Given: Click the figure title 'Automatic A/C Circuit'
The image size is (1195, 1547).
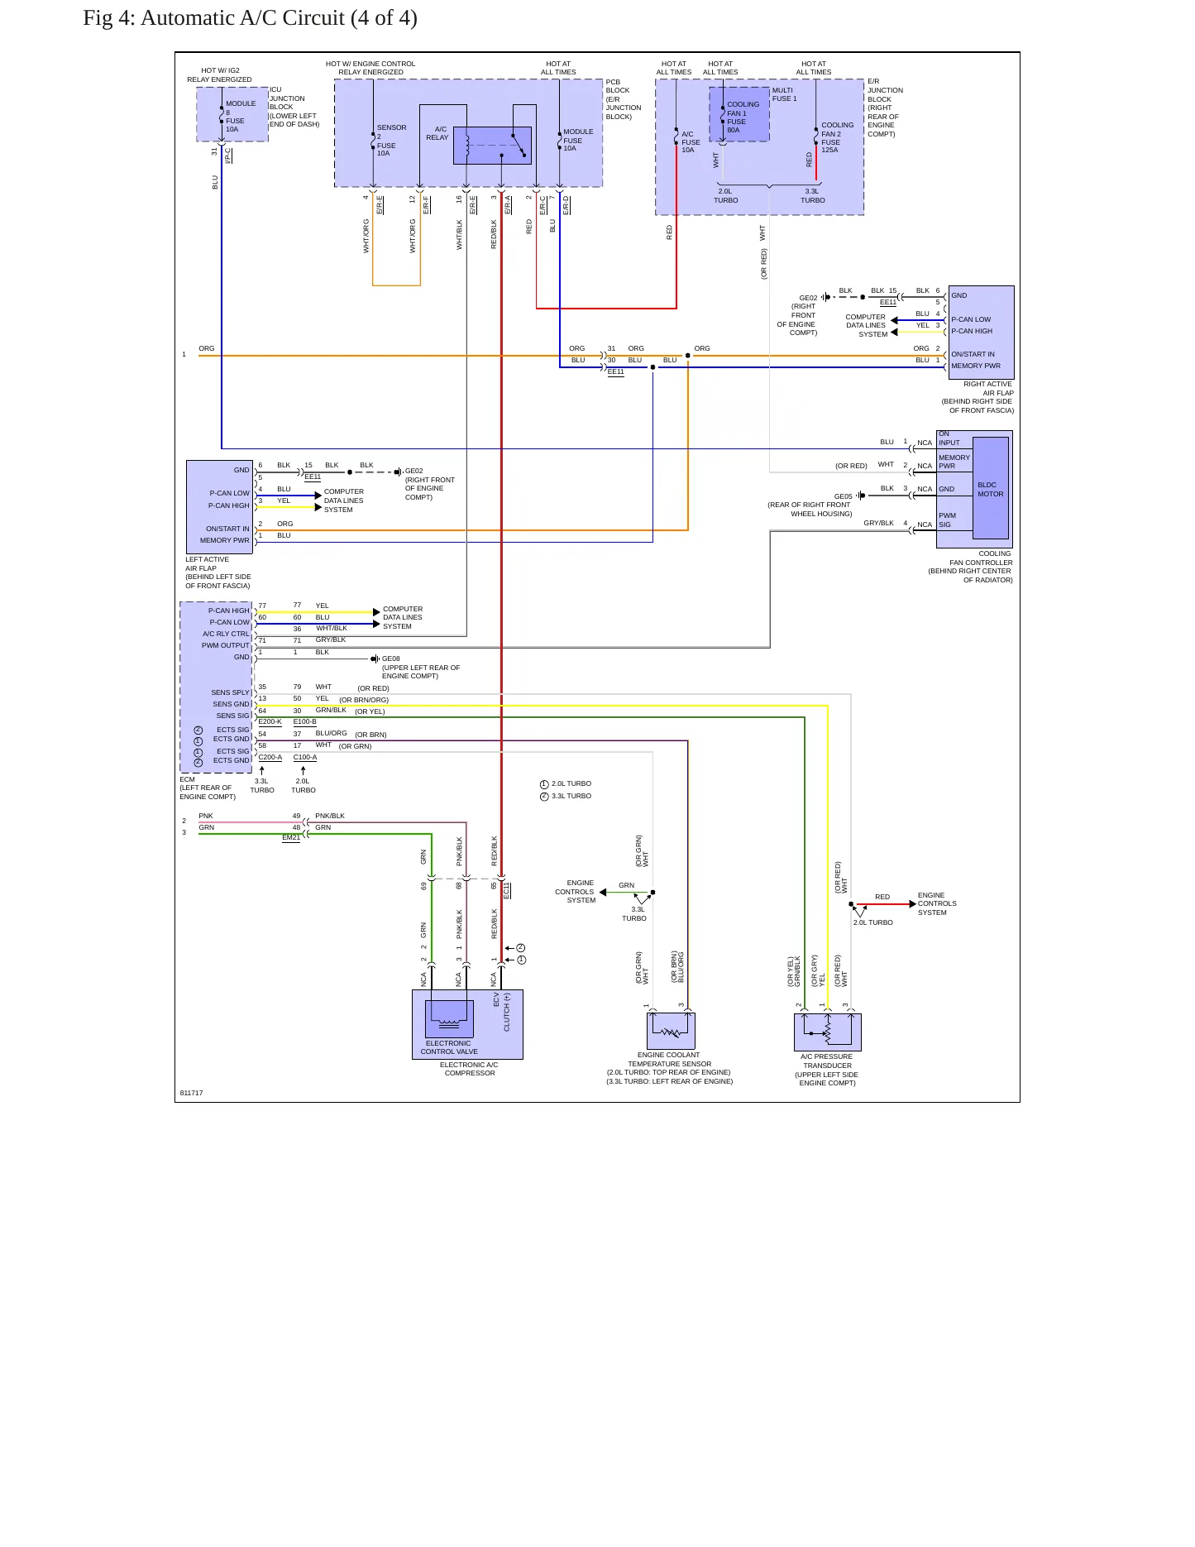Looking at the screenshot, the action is [x=242, y=18].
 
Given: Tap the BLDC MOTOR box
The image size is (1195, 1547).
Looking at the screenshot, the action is [x=991, y=488].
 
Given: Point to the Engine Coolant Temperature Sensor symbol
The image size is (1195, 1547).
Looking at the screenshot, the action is [x=670, y=1031].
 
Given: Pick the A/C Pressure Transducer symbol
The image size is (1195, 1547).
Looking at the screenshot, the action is [x=827, y=1032].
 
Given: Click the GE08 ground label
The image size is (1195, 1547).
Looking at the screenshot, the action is [x=391, y=659].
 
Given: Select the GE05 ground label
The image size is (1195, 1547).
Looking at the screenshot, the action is [x=843, y=496].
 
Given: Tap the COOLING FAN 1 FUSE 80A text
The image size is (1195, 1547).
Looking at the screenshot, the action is [x=743, y=117].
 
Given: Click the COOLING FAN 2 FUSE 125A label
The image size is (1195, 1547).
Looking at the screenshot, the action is [x=837, y=137].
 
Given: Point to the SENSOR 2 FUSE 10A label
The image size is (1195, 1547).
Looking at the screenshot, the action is [x=391, y=141].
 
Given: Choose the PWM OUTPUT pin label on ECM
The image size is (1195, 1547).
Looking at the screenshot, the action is [x=225, y=645].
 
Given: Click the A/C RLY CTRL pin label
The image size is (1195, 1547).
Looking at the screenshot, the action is [x=226, y=634].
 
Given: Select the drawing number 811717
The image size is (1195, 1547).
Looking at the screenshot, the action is [x=191, y=1093].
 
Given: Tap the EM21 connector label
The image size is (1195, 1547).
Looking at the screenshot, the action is [x=291, y=837].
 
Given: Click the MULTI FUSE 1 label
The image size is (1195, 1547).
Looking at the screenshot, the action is [x=784, y=94].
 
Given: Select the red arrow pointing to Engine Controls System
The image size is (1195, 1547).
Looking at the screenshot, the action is [x=885, y=904].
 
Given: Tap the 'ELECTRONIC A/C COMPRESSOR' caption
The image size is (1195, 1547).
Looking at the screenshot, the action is [x=469, y=1069].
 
